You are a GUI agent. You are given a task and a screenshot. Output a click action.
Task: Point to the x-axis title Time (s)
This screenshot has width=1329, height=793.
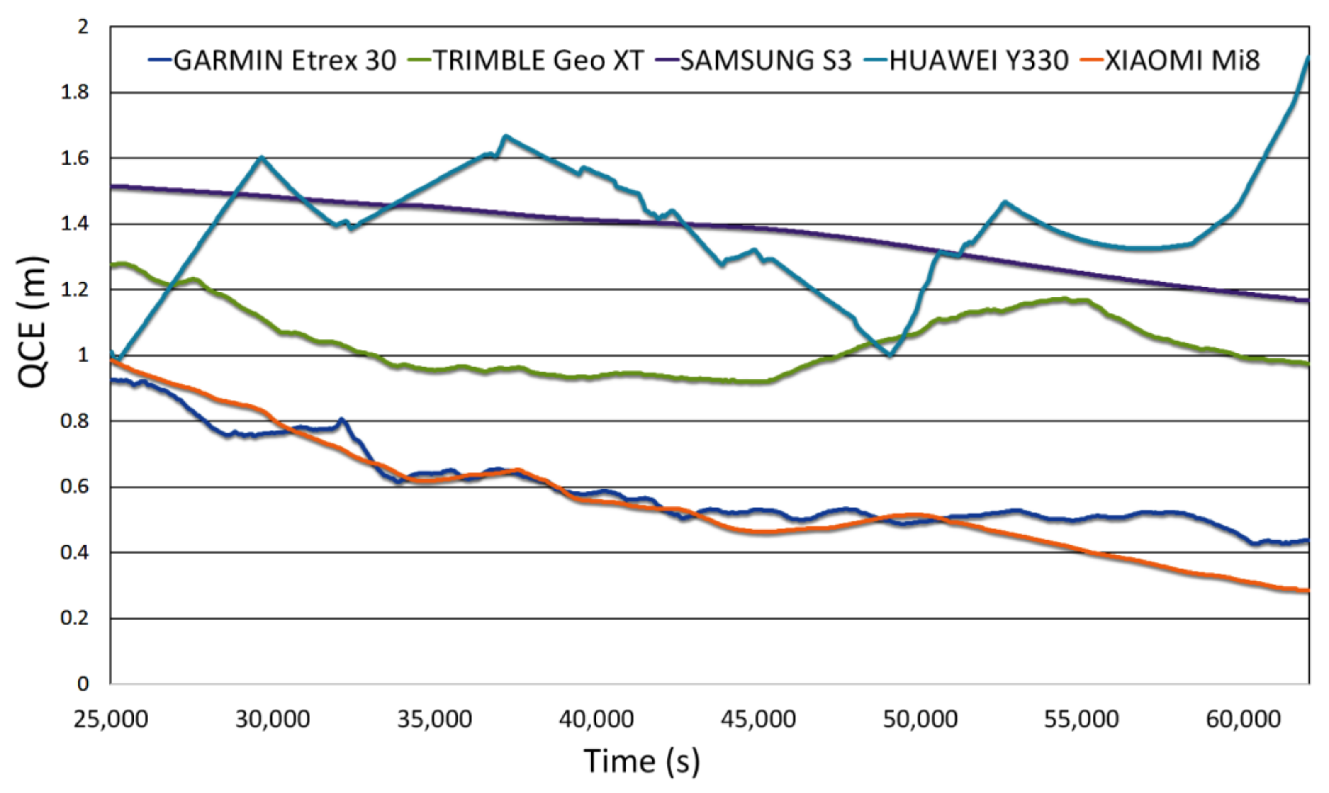click(x=641, y=761)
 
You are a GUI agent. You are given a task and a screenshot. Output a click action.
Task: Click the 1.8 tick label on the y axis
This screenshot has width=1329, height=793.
click(x=74, y=92)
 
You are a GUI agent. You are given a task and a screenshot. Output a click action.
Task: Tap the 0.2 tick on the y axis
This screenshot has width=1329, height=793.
click(x=74, y=618)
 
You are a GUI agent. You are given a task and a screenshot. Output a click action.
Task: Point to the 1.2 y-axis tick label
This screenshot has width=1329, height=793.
click(x=74, y=289)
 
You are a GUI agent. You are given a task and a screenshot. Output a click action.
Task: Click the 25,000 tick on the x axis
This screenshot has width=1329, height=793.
click(x=111, y=719)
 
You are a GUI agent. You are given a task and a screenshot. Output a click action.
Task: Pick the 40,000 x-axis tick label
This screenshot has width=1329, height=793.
click(x=596, y=719)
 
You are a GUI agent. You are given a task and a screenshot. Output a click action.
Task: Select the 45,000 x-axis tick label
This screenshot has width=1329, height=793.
click(x=758, y=719)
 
